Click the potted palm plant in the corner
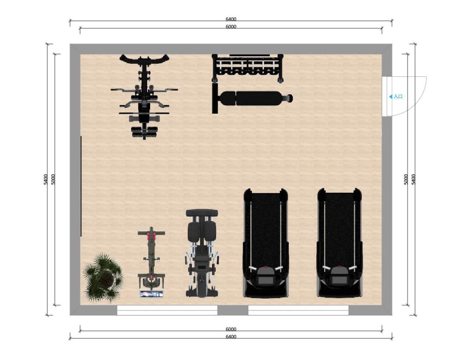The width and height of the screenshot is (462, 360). click(x=103, y=277)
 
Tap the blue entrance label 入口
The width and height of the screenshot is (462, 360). click(x=398, y=97)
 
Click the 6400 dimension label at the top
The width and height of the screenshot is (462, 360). click(x=231, y=19)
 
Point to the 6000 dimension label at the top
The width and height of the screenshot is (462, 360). click(x=231, y=26)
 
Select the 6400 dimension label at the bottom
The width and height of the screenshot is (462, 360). click(x=231, y=337)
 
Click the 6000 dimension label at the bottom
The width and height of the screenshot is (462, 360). click(x=231, y=329)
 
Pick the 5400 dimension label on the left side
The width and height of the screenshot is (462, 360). click(x=45, y=179)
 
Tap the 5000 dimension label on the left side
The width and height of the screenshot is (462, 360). click(x=53, y=179)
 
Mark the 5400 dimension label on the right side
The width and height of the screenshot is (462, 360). click(x=413, y=179)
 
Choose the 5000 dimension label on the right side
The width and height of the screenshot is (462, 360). click(x=406, y=179)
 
